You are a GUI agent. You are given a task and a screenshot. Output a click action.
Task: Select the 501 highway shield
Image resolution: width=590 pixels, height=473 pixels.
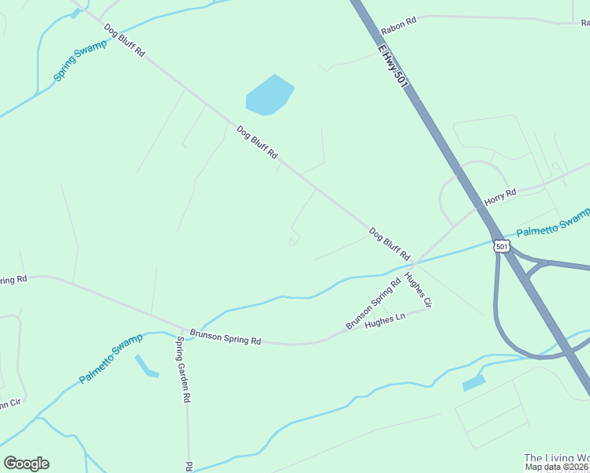(x=502, y=247)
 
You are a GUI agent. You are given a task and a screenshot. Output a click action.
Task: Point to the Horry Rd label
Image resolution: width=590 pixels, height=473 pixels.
(x=499, y=196)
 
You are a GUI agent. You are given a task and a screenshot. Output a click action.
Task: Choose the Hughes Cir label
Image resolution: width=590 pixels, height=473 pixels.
(x=418, y=289)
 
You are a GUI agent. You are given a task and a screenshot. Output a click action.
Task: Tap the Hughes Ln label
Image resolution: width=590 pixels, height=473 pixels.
(x=385, y=320)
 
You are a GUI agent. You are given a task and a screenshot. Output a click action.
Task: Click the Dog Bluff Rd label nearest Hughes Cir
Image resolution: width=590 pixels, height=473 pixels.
(x=389, y=244)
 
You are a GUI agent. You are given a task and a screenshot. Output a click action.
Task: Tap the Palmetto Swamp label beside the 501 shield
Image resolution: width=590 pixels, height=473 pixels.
(x=553, y=223)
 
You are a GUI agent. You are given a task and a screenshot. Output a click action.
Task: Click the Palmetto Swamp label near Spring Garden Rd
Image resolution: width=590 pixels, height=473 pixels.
(x=111, y=359)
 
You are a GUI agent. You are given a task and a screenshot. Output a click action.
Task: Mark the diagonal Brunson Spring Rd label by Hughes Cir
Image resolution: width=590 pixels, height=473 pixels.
(x=373, y=303)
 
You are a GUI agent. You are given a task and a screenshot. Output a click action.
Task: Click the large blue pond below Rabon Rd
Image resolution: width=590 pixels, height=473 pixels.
(x=269, y=95)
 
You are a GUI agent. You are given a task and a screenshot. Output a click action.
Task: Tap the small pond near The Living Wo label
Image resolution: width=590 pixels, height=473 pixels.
(x=473, y=383)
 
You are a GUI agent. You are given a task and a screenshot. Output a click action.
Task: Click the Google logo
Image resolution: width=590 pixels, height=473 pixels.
(x=26, y=464)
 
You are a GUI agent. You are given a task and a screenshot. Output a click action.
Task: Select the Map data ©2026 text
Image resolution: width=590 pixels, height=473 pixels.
(x=557, y=467)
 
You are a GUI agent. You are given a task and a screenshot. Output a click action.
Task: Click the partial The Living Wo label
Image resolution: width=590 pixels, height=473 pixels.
(x=556, y=458)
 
